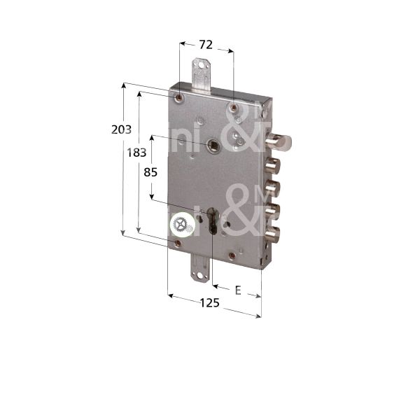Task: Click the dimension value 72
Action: [x=206, y=45]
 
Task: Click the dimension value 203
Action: [x=121, y=129]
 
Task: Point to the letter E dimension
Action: [x=239, y=288]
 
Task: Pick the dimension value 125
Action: [x=209, y=302]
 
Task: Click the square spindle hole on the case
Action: [x=212, y=146]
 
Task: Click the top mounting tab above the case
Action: [x=202, y=75]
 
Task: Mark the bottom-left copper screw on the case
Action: [x=178, y=244]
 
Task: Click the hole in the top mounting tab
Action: [x=204, y=69]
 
